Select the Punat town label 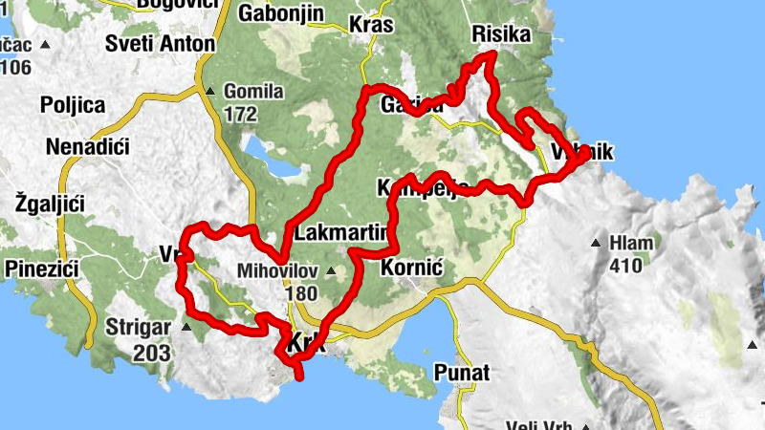(461, 371)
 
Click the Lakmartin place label (341, 232)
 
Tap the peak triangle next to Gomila (210, 92)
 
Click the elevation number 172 (241, 115)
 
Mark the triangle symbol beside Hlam (598, 243)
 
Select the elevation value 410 (627, 266)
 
